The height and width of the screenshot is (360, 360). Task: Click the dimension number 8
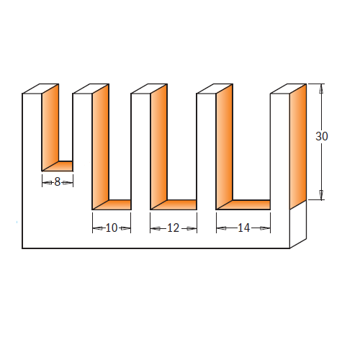tap(57, 181)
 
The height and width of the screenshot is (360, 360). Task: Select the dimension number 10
tap(112, 228)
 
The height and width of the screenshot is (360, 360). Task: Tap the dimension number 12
tap(174, 228)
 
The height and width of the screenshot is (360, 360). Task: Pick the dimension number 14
tap(244, 228)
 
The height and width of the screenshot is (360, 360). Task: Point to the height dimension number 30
tap(322, 136)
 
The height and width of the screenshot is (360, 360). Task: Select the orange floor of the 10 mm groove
tap(114, 204)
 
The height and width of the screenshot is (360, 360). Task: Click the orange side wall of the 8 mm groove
tap(50, 127)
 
